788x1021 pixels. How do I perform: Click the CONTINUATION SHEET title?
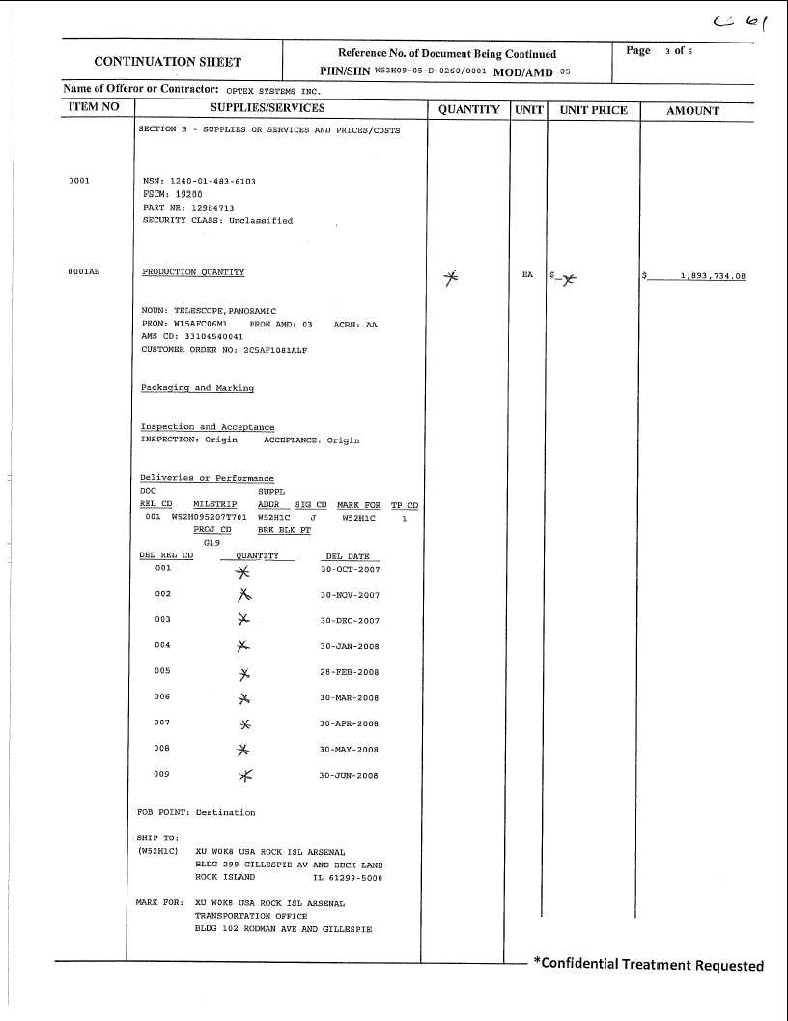pos(167,62)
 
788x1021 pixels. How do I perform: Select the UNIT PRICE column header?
pos(594,110)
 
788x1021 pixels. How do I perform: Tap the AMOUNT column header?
pos(692,110)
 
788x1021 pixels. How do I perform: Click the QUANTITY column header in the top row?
pos(468,110)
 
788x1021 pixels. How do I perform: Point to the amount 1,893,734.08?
pos(713,276)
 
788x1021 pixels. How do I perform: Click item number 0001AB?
pos(84,272)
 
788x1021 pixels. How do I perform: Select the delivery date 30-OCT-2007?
pos(350,570)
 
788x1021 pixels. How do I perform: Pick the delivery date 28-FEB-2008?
pos(350,672)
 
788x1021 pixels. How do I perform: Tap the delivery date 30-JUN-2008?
pos(350,775)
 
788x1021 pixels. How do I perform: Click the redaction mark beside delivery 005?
pos(244,673)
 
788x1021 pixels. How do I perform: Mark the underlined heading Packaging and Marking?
pos(197,388)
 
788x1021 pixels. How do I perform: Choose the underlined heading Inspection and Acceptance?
pos(208,427)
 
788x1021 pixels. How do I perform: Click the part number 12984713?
pos(201,208)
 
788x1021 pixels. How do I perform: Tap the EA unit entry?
pos(527,275)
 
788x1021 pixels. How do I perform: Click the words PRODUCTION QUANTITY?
pos(193,272)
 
